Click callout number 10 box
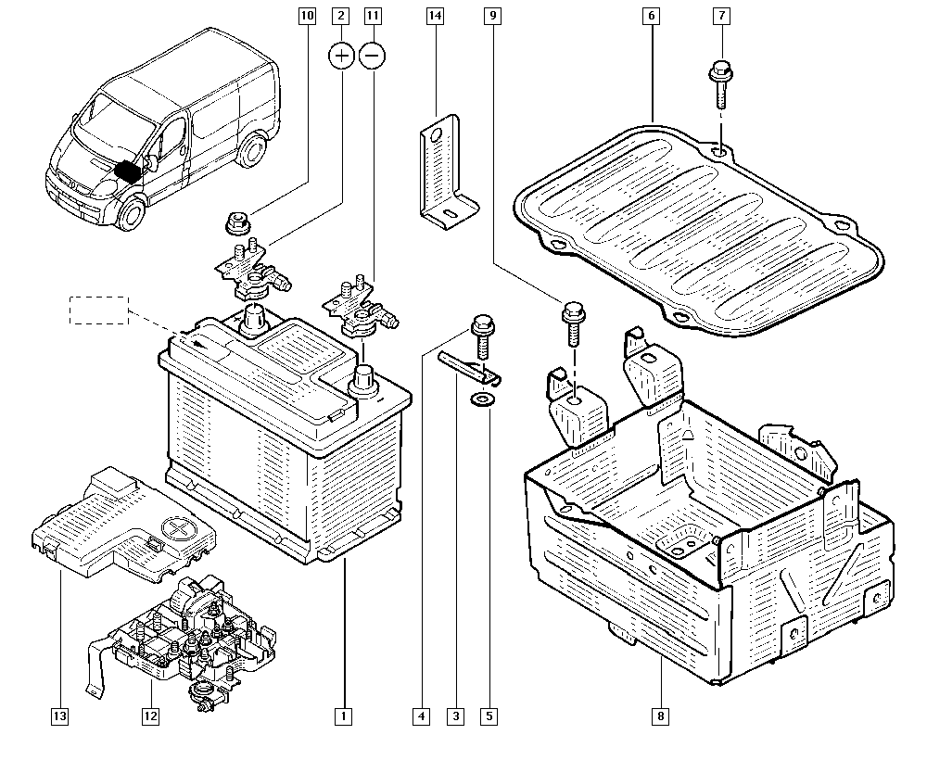click(x=307, y=15)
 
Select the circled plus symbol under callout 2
click(x=341, y=57)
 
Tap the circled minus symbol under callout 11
click(x=373, y=57)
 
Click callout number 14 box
click(x=435, y=15)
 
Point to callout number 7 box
click(x=721, y=15)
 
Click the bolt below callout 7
click(x=720, y=84)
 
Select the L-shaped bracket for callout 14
click(x=447, y=171)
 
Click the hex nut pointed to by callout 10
click(x=236, y=223)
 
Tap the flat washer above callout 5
click(x=482, y=400)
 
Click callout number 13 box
click(x=59, y=716)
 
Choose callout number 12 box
click(x=150, y=716)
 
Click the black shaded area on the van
click(x=128, y=171)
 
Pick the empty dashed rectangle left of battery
click(x=99, y=310)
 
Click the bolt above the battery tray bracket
click(x=573, y=323)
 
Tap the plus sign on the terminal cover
click(x=174, y=528)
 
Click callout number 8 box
click(x=660, y=716)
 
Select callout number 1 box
click(x=343, y=716)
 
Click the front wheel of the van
click(x=132, y=213)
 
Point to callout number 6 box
click(x=651, y=15)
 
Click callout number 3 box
click(x=455, y=716)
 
